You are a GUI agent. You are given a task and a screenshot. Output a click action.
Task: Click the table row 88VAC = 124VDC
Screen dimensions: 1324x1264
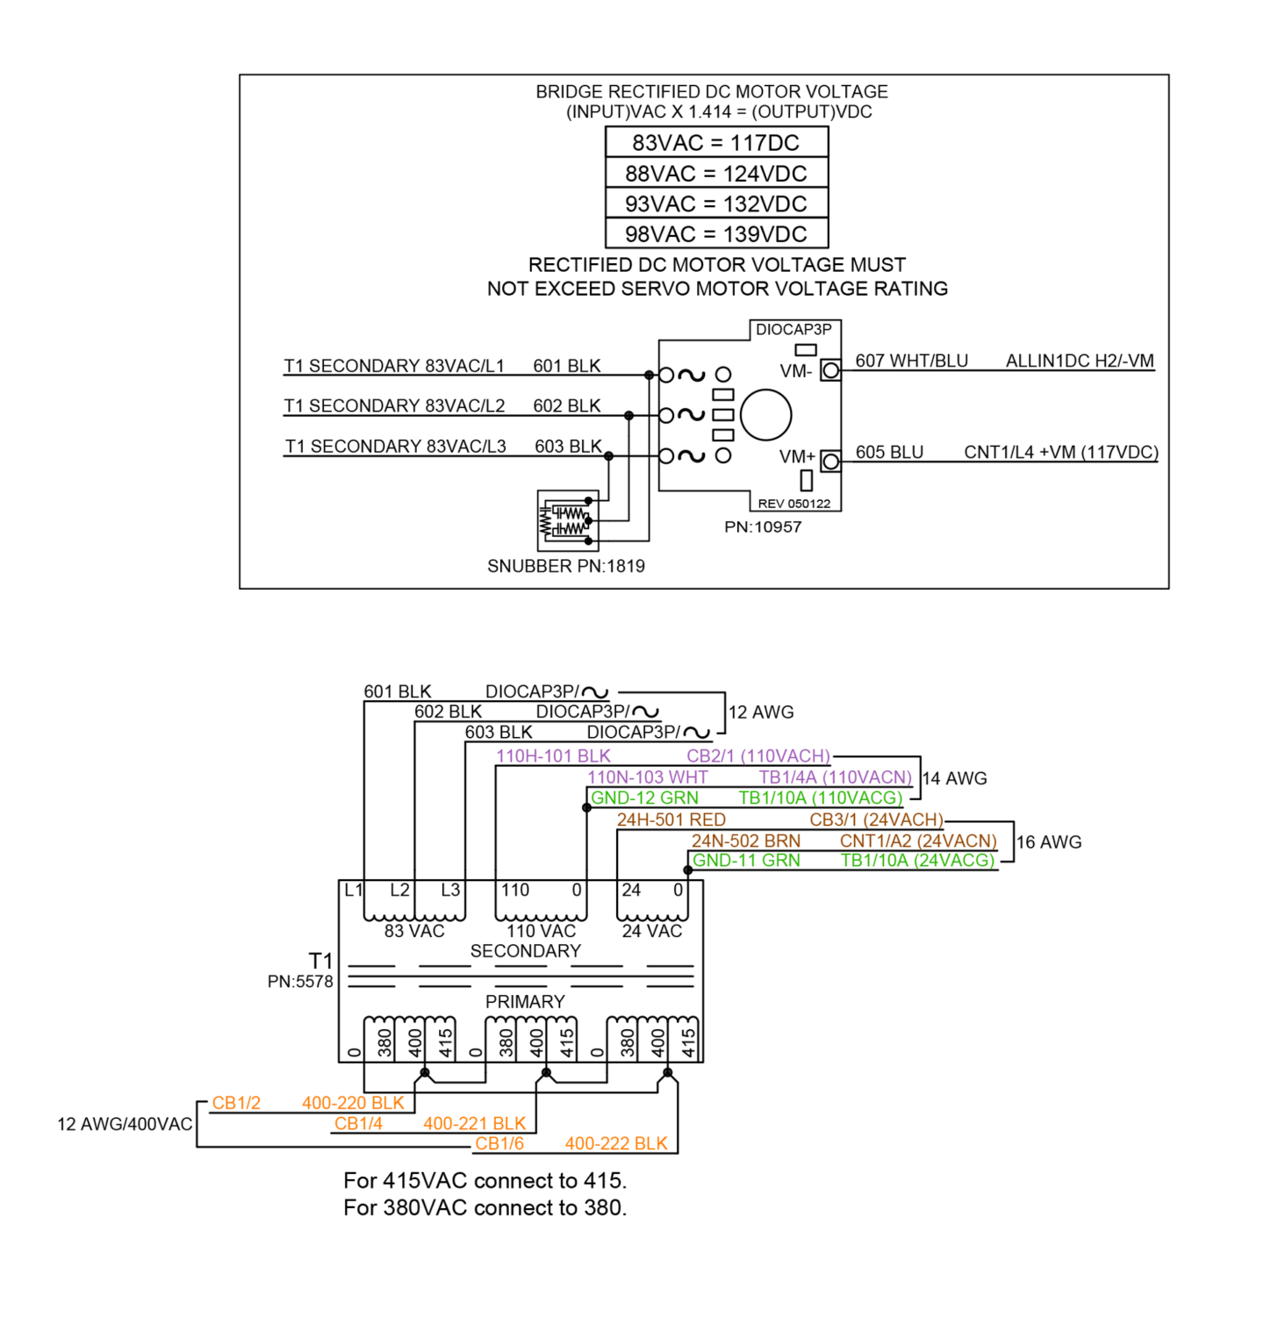(716, 173)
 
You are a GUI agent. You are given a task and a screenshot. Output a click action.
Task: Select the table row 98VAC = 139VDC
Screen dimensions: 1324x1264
(716, 234)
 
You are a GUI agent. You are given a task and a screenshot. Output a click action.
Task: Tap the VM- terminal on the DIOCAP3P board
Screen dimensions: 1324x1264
(830, 371)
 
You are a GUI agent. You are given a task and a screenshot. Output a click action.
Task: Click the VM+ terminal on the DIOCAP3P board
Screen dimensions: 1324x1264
(830, 462)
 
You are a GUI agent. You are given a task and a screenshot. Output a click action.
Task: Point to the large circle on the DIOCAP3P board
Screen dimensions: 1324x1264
(765, 415)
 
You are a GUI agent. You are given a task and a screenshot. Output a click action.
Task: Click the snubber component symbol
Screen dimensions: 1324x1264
(568, 520)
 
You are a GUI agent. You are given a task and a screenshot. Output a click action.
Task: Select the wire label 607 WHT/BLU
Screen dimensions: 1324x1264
(911, 361)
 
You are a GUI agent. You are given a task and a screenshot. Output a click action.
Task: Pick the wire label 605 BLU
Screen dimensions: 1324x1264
(889, 452)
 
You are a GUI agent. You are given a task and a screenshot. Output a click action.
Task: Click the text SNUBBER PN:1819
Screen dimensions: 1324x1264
(566, 566)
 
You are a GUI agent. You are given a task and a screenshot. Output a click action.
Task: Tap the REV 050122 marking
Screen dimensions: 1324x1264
(794, 504)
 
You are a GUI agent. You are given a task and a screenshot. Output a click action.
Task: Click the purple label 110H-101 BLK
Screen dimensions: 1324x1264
(553, 756)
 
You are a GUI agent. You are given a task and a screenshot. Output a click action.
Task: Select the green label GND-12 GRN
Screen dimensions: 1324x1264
(644, 798)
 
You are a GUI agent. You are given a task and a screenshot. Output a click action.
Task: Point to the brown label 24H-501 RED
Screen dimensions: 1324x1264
(671, 819)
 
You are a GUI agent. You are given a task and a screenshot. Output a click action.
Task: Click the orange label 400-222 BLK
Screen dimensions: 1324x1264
(616, 1143)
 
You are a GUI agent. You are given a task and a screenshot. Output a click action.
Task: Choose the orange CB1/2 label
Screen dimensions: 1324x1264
(236, 1103)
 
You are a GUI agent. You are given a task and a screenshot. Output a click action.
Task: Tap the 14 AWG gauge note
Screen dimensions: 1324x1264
(955, 778)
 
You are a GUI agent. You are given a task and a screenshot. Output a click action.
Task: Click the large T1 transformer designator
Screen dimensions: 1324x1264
(320, 961)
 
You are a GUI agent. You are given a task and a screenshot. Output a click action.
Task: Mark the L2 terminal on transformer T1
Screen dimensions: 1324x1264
(399, 890)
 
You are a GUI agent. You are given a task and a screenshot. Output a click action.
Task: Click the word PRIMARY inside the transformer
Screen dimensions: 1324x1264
(525, 1001)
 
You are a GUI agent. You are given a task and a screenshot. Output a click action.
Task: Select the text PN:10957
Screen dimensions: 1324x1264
(763, 526)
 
